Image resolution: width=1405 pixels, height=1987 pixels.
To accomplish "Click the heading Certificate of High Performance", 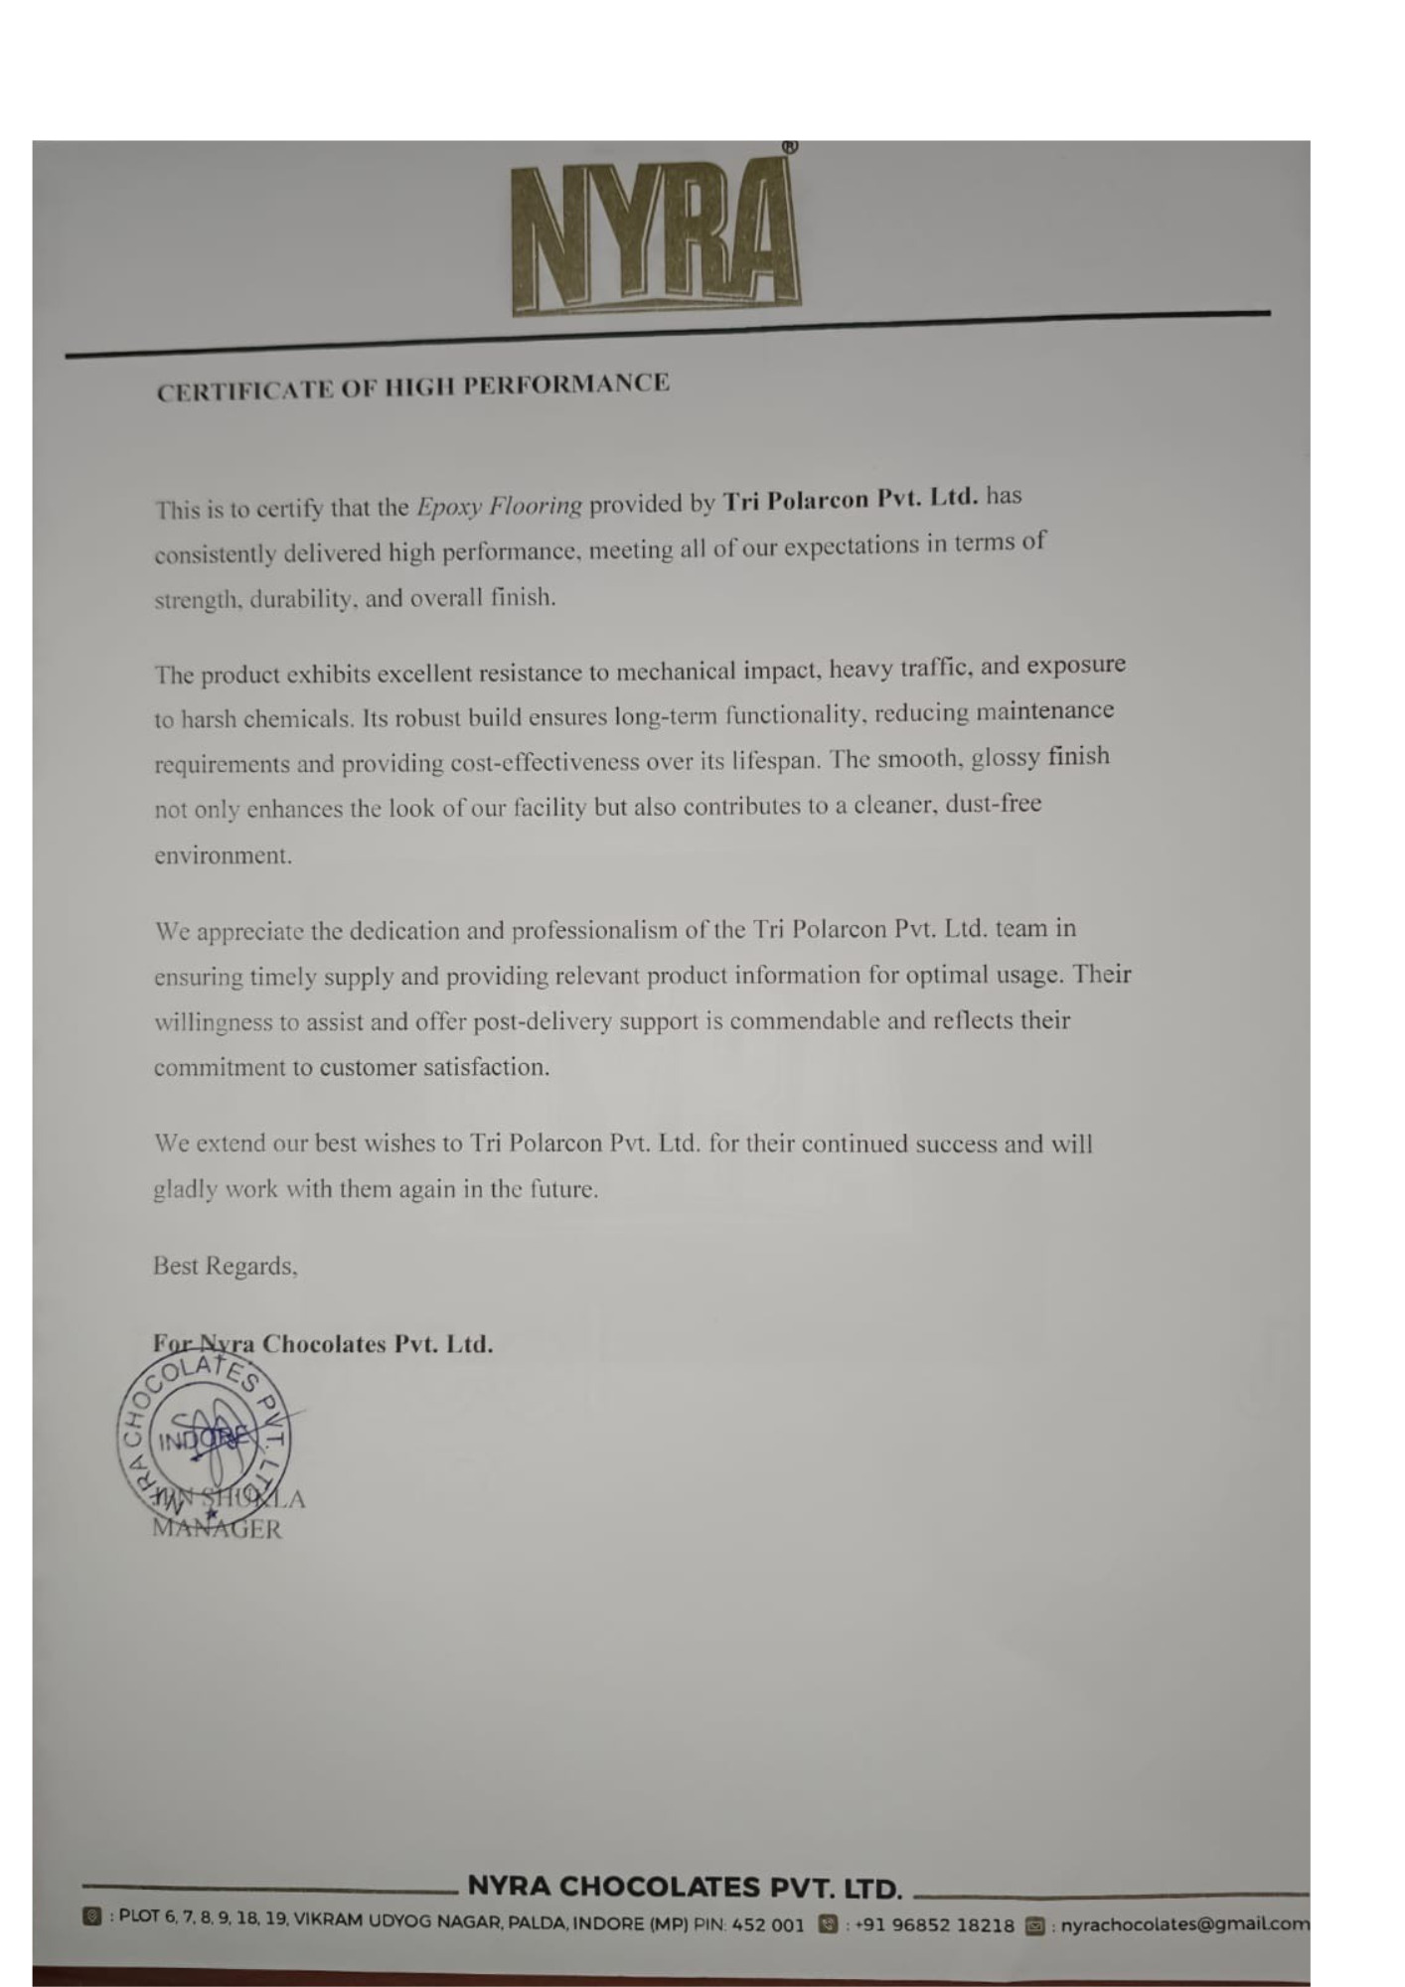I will [x=412, y=386].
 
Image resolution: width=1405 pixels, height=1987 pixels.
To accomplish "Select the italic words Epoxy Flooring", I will [x=499, y=506].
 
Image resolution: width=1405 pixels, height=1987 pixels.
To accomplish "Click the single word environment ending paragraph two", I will [x=223, y=855].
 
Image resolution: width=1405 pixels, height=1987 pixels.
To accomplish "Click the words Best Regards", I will [x=225, y=1266].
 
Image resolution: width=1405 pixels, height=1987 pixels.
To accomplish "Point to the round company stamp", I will [x=204, y=1440].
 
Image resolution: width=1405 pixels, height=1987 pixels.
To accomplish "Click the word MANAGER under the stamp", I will [x=218, y=1529].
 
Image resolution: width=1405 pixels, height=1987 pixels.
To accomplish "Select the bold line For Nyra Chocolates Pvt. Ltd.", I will [x=323, y=1344].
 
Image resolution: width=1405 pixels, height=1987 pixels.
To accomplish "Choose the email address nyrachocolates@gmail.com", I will [x=1184, y=1924].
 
